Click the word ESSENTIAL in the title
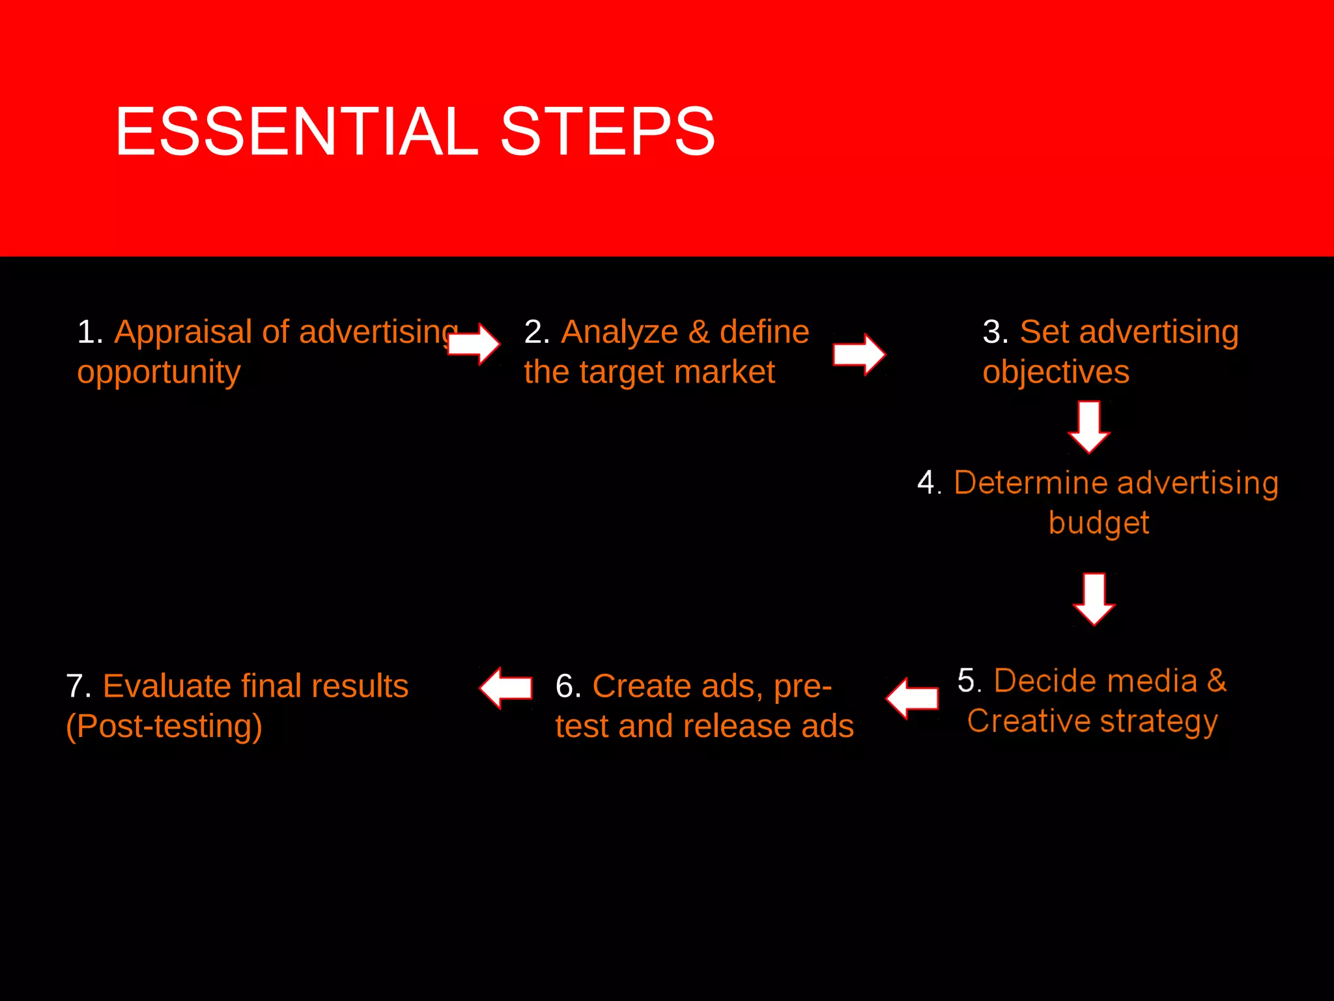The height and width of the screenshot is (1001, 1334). tap(296, 132)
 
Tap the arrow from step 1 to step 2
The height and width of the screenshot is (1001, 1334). tap(475, 343)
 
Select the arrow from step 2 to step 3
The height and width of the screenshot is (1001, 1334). tap(859, 355)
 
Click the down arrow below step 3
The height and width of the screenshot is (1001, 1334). tap(1089, 427)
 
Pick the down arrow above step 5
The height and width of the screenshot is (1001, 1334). tap(1094, 599)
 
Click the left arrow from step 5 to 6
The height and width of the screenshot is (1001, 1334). tap(912, 698)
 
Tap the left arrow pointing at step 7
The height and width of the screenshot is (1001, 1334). tap(506, 688)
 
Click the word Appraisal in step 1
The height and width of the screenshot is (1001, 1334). tap(183, 332)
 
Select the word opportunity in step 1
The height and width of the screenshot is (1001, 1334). tap(159, 373)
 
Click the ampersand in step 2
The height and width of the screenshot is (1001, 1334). tap(698, 332)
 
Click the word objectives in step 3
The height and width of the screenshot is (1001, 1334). tap(1055, 373)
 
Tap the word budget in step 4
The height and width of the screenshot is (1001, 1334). tap(1099, 523)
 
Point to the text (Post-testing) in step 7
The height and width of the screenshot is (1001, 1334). tap(164, 727)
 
